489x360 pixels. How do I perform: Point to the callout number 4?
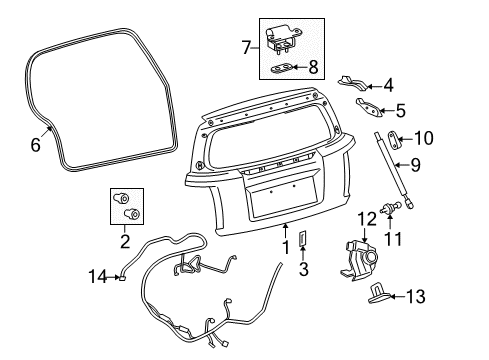coord(387,86)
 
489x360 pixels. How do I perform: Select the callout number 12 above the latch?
coord(367,217)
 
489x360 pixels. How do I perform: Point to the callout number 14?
coord(96,276)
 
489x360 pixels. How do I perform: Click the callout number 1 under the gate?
coord(284,247)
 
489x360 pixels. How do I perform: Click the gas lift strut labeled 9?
coord(388,165)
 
